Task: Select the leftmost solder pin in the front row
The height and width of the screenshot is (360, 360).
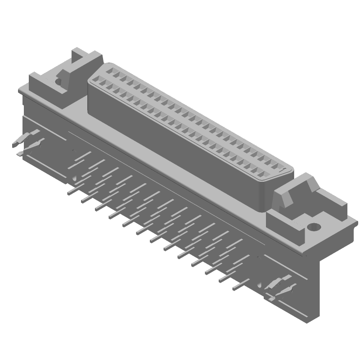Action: pos(71,191)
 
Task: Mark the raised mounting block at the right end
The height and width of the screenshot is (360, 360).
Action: pos(292,198)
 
